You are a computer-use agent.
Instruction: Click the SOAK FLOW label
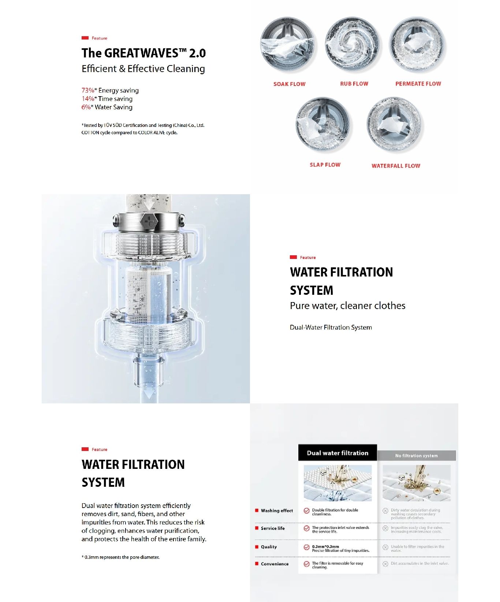coord(289,84)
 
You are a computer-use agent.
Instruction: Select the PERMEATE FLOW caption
coord(418,84)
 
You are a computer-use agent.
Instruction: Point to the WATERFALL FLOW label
coord(396,166)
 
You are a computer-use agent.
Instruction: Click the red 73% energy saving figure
coord(88,90)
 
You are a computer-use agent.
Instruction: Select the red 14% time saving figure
coord(88,99)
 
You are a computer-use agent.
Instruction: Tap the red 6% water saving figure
coord(86,107)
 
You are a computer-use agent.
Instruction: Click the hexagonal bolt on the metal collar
coord(149,221)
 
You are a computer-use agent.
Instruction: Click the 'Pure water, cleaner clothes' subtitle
coord(347,306)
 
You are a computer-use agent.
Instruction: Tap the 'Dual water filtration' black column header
coord(337,453)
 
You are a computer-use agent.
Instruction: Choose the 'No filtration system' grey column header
coord(416,456)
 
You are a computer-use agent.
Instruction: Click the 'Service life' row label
coord(273,528)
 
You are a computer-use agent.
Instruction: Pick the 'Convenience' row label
coord(275,564)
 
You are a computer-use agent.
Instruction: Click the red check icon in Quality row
coord(307,548)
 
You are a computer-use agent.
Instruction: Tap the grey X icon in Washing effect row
coord(385,511)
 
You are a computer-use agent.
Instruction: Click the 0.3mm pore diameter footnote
coord(121,557)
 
